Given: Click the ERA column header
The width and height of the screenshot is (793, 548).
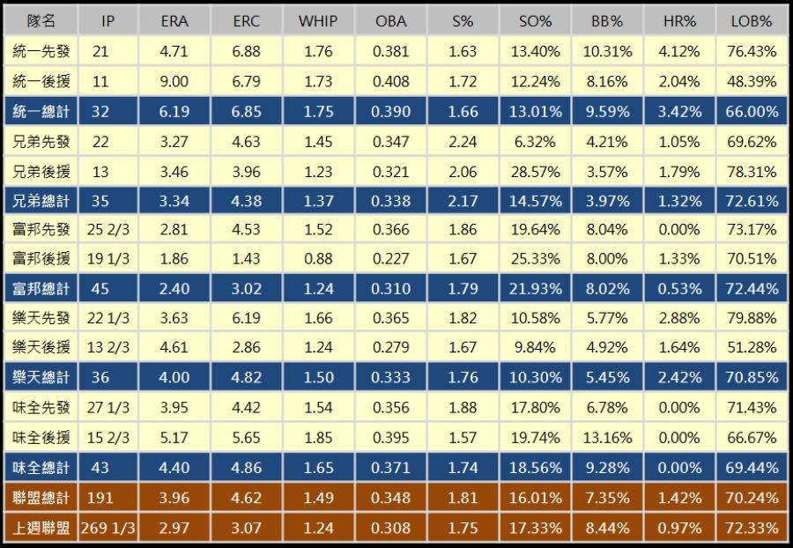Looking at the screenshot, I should pyautogui.click(x=175, y=21).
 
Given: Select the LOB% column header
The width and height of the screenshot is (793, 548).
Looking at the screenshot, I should pyautogui.click(x=751, y=21).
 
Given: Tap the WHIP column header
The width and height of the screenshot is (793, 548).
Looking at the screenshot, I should pyautogui.click(x=318, y=21).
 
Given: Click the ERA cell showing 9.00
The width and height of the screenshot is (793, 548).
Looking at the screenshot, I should pyautogui.click(x=175, y=81).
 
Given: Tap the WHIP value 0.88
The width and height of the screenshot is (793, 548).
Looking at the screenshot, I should pyautogui.click(x=318, y=259).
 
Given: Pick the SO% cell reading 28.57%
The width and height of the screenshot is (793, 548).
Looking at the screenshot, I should pyautogui.click(x=535, y=170).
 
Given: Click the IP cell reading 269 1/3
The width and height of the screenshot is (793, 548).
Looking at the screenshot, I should pyautogui.click(x=107, y=528).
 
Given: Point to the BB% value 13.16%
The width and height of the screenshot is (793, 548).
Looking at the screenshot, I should pyautogui.click(x=607, y=438).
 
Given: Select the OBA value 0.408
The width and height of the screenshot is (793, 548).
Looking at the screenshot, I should pyautogui.click(x=390, y=81).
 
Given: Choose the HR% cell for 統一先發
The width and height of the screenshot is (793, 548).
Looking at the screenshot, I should pyautogui.click(x=679, y=51).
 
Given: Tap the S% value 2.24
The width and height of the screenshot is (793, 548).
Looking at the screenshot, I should pyautogui.click(x=463, y=141).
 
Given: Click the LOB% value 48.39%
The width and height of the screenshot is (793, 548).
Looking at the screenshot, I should pyautogui.click(x=751, y=81).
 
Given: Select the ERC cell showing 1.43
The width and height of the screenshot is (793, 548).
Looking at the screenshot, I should pyautogui.click(x=247, y=259).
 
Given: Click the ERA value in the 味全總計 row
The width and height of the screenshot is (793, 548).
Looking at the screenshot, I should pyautogui.click(x=175, y=468).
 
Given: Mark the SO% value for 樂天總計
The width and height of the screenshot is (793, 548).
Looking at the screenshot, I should pyautogui.click(x=535, y=378).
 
